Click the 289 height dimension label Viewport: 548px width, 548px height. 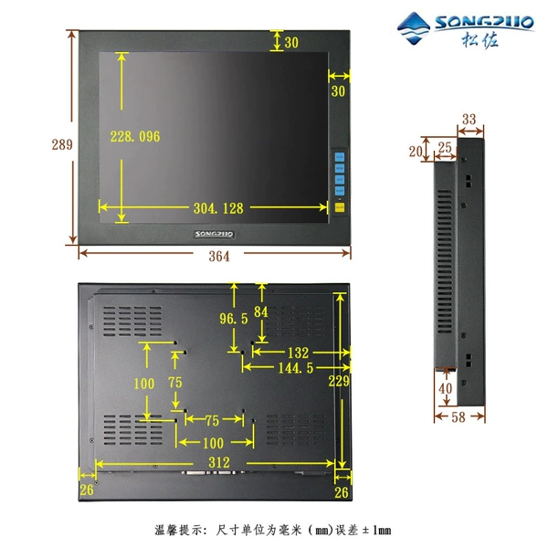(62, 144)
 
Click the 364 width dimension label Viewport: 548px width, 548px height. (219, 257)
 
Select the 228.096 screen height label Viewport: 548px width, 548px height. (135, 136)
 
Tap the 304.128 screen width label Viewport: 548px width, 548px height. (218, 208)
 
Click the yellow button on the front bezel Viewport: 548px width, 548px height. (340, 207)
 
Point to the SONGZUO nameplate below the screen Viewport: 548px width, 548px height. (214, 234)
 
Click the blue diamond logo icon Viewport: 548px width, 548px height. (414, 28)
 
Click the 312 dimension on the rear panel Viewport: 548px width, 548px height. (219, 463)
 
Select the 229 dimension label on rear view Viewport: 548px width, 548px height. (339, 381)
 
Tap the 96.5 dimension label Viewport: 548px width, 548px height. (234, 319)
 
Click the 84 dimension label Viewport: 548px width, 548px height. (261, 311)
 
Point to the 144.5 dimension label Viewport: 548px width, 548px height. (296, 368)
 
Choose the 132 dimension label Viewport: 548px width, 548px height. (298, 353)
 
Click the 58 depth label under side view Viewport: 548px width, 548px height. (458, 417)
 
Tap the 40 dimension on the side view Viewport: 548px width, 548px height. (446, 388)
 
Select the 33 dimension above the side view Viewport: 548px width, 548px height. (469, 119)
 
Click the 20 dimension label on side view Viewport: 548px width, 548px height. (416, 152)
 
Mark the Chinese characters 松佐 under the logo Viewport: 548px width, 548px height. (479, 39)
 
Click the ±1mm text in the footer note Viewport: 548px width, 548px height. (376, 530)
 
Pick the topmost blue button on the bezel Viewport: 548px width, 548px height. (340, 157)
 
